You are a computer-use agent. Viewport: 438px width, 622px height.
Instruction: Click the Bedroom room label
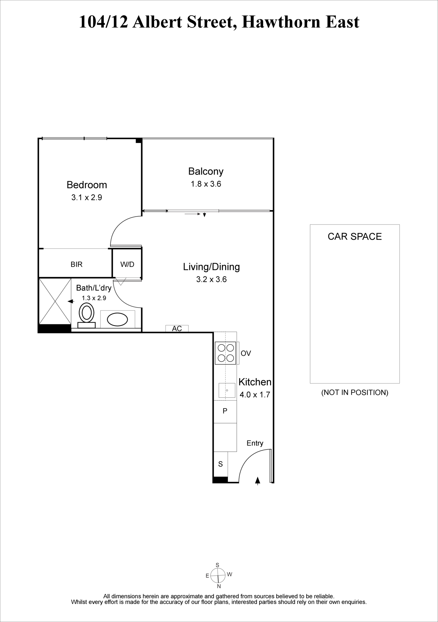[x=87, y=185]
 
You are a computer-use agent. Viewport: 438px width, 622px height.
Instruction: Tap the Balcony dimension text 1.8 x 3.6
[x=206, y=184]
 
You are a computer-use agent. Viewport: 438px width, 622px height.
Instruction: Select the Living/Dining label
[x=212, y=267]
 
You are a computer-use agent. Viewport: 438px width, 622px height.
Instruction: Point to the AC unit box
[x=177, y=328]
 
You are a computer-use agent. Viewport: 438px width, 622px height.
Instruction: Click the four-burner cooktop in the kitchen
[x=226, y=353]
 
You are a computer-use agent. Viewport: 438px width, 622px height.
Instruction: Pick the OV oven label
[x=246, y=353]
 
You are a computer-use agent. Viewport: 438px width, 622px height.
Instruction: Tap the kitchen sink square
[x=227, y=390]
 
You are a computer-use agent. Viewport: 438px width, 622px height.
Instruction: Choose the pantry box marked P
[x=225, y=411]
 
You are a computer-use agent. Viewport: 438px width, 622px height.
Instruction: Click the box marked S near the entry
[x=221, y=464]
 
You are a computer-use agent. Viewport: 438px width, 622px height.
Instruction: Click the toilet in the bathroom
[x=86, y=316]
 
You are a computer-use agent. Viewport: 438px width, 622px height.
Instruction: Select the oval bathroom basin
[x=117, y=319]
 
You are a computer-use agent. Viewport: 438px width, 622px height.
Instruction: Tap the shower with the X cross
[x=55, y=301]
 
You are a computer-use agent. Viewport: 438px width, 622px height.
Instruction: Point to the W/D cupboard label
[x=127, y=264]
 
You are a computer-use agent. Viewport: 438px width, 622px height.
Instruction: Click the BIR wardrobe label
[x=77, y=264]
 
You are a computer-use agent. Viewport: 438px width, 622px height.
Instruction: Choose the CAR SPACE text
[x=355, y=236]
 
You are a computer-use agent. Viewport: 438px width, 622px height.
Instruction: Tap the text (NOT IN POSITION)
[x=355, y=392]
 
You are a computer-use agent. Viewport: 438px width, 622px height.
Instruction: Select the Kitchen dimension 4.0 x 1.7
[x=255, y=395]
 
